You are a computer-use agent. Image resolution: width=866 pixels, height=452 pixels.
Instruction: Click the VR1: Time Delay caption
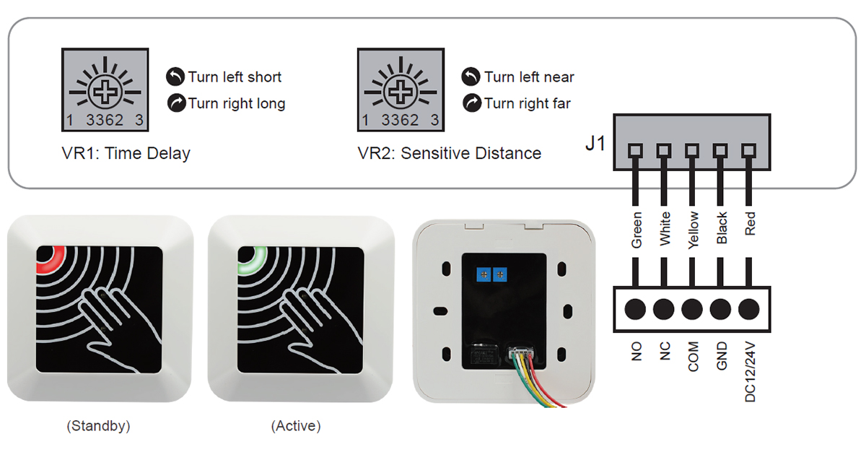pos(126,153)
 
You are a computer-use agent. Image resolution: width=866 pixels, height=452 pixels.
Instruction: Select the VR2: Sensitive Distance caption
pos(449,153)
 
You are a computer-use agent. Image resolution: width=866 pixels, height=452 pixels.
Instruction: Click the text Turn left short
pos(235,77)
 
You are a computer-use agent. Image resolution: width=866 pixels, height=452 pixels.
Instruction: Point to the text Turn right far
pos(527,103)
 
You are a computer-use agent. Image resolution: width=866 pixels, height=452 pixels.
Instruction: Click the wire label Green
pos(636,230)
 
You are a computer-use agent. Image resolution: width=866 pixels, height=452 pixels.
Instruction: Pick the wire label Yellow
pos(693,230)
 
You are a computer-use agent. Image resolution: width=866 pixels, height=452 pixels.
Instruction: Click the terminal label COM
pos(693,357)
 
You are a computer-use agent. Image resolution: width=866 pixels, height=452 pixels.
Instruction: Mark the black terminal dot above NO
pos(635,309)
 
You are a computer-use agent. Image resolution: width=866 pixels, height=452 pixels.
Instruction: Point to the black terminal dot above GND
pos(721,309)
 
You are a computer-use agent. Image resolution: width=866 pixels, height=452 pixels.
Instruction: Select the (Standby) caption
pos(98,426)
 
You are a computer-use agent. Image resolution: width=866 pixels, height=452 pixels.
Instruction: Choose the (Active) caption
pos(296,426)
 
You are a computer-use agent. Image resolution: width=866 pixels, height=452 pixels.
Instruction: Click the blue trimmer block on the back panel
pos(491,274)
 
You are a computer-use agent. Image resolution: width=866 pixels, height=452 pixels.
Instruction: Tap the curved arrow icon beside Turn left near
pos(471,77)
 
